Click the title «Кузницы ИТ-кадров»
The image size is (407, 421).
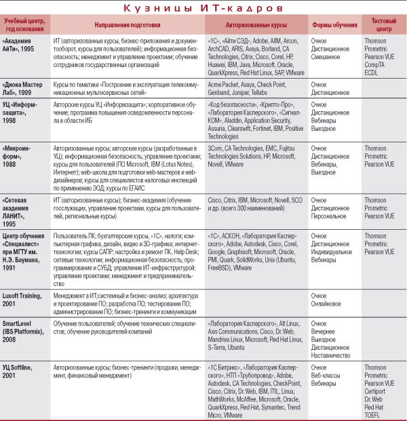coord(203,7)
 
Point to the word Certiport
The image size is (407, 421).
coord(376,390)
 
